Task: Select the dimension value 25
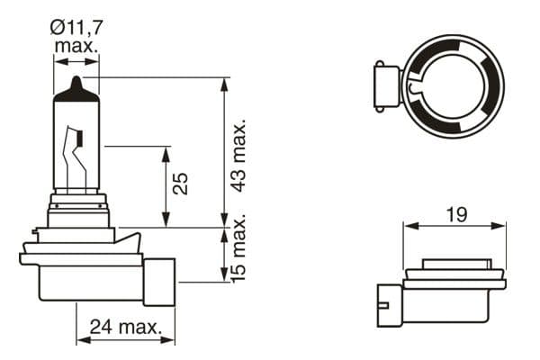(181, 184)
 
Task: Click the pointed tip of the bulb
(76, 81)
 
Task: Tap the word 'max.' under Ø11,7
(76, 45)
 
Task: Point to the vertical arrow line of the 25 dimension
(166, 185)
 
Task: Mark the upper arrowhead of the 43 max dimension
(223, 84)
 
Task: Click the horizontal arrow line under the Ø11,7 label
(76, 61)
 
